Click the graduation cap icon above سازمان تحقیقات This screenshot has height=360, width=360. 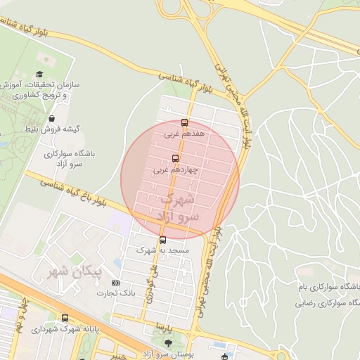tap(40, 74)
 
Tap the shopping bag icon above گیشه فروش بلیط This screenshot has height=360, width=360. tap(54, 119)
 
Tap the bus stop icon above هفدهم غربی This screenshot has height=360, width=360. tap(184, 122)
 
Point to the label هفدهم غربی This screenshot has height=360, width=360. tap(184, 131)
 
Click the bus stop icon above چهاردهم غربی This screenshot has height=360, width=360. tap(175, 158)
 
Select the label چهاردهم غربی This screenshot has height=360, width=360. tap(171, 169)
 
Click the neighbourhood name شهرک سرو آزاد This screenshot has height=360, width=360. tap(175, 206)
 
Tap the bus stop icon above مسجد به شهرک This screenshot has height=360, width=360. tap(163, 240)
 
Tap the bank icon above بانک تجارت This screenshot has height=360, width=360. tap(116, 282)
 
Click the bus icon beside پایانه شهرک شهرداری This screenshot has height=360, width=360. tap(65, 318)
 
